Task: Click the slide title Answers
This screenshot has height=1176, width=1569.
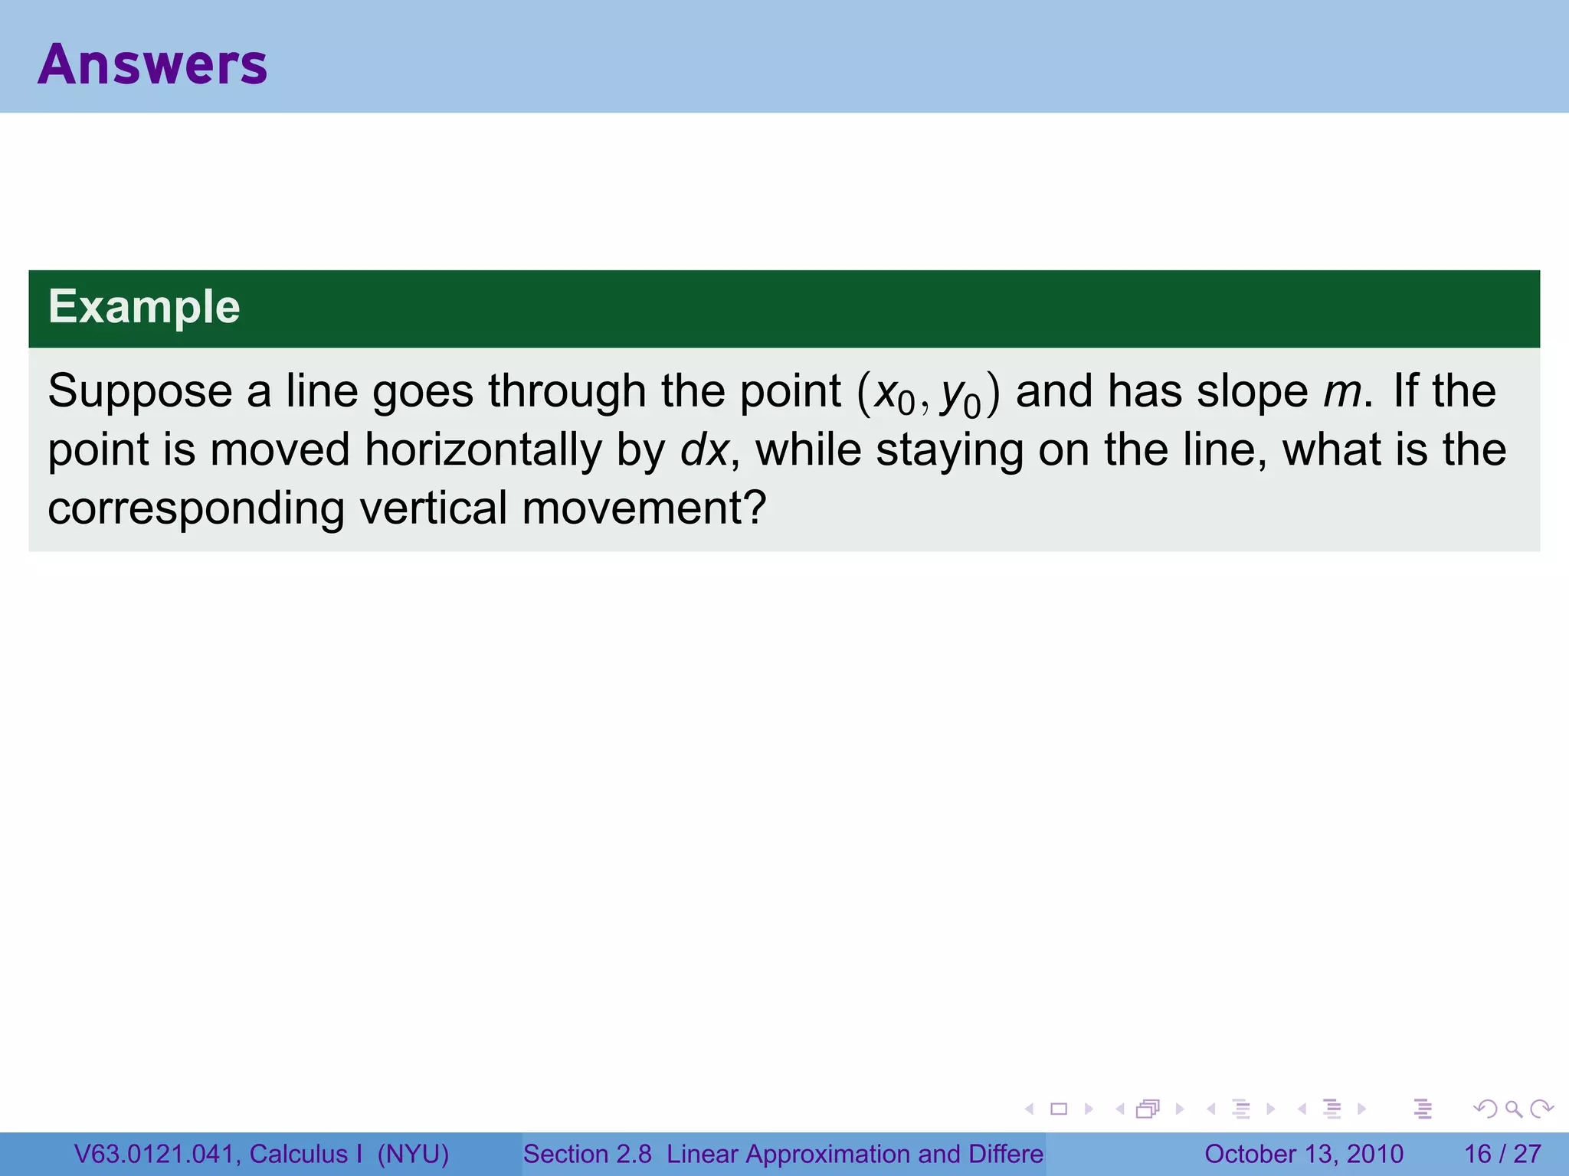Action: tap(152, 64)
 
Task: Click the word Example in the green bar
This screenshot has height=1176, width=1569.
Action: tap(144, 307)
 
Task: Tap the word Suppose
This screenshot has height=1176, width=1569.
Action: tap(139, 392)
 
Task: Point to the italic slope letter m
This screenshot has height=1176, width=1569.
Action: tap(1341, 392)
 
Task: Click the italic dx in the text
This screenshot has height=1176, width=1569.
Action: tap(703, 450)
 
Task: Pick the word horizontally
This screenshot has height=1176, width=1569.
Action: tap(483, 450)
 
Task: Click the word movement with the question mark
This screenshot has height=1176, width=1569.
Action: tap(644, 508)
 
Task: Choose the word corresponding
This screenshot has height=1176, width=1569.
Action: tap(196, 509)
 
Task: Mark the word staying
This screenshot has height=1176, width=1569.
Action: tap(949, 450)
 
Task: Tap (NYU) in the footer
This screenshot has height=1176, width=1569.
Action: tap(413, 1154)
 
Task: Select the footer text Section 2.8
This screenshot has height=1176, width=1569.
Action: tap(587, 1154)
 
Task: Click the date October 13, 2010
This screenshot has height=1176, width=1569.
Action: tap(1303, 1154)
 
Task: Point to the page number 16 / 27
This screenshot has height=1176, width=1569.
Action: tap(1502, 1154)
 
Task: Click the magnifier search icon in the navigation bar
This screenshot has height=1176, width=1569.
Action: tap(1513, 1109)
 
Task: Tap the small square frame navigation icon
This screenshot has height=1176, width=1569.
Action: tap(1059, 1109)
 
